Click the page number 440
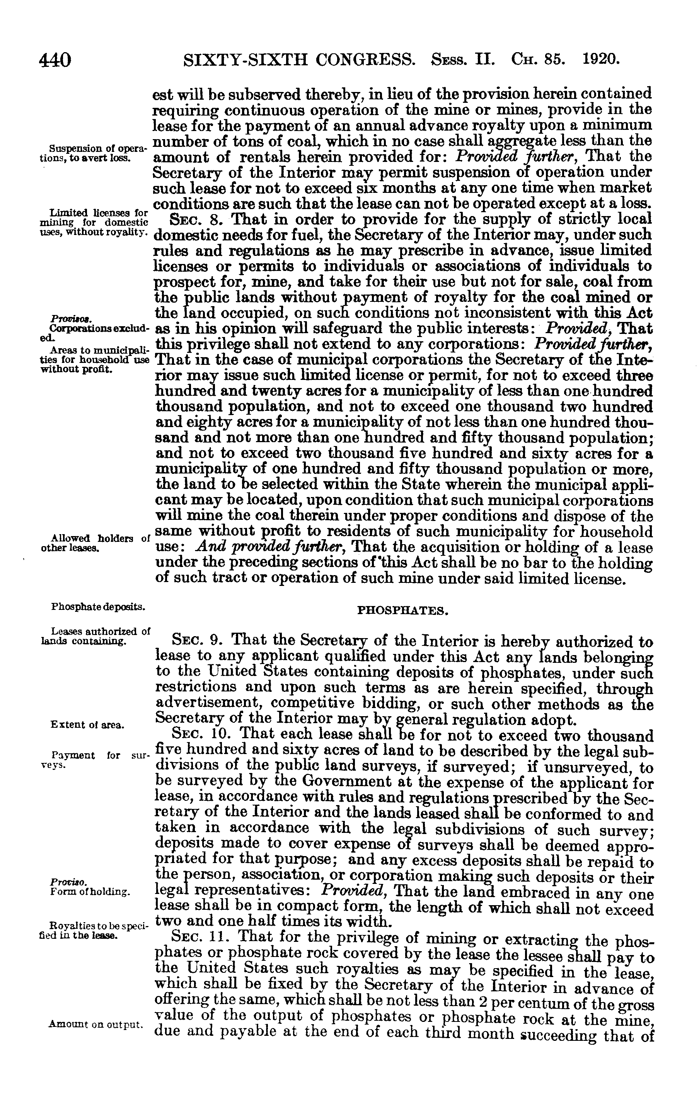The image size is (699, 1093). (55, 60)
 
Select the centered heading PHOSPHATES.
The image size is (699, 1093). (403, 611)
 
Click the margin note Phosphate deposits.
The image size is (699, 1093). (98, 606)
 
